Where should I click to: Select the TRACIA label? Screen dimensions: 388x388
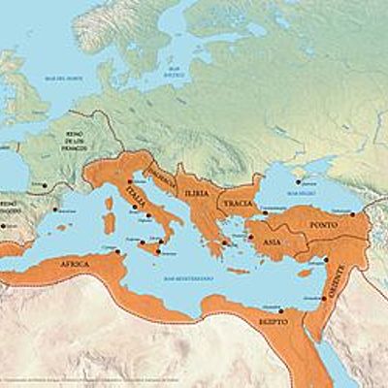pyautogui.click(x=235, y=203)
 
